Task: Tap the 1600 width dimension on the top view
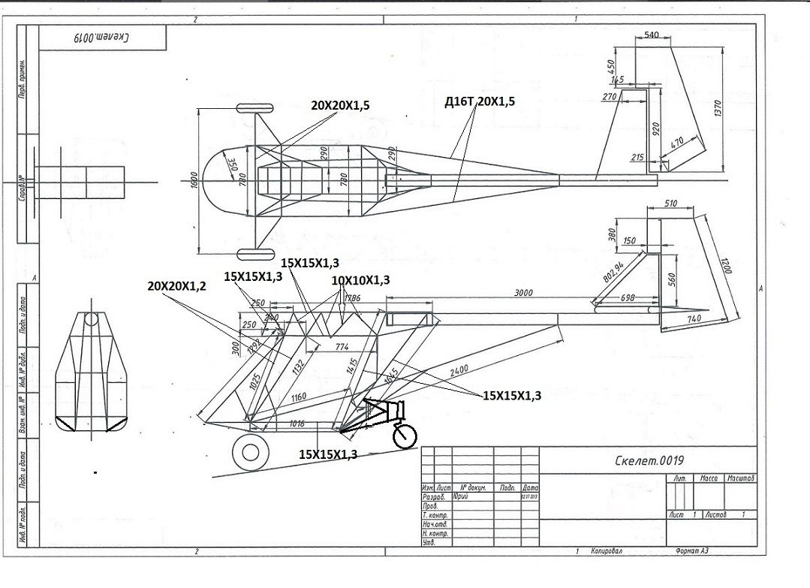pos(194,180)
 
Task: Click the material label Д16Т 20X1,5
pos(480,101)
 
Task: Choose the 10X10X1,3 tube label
pos(360,280)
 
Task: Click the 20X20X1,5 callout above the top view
pos(340,106)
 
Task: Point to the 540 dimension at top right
pos(652,35)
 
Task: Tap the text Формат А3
pos(692,550)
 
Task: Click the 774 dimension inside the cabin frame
pos(342,347)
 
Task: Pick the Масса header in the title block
pos(708,478)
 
